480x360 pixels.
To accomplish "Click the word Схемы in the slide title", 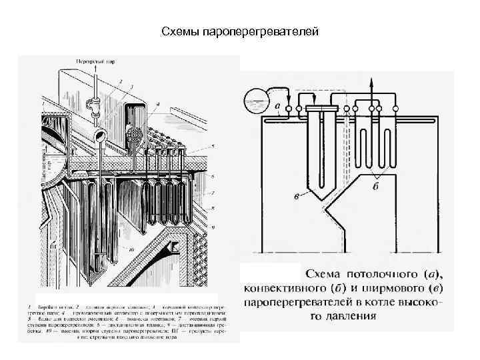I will pos(179,31).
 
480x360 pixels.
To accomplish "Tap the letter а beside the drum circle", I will pos(277,106).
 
